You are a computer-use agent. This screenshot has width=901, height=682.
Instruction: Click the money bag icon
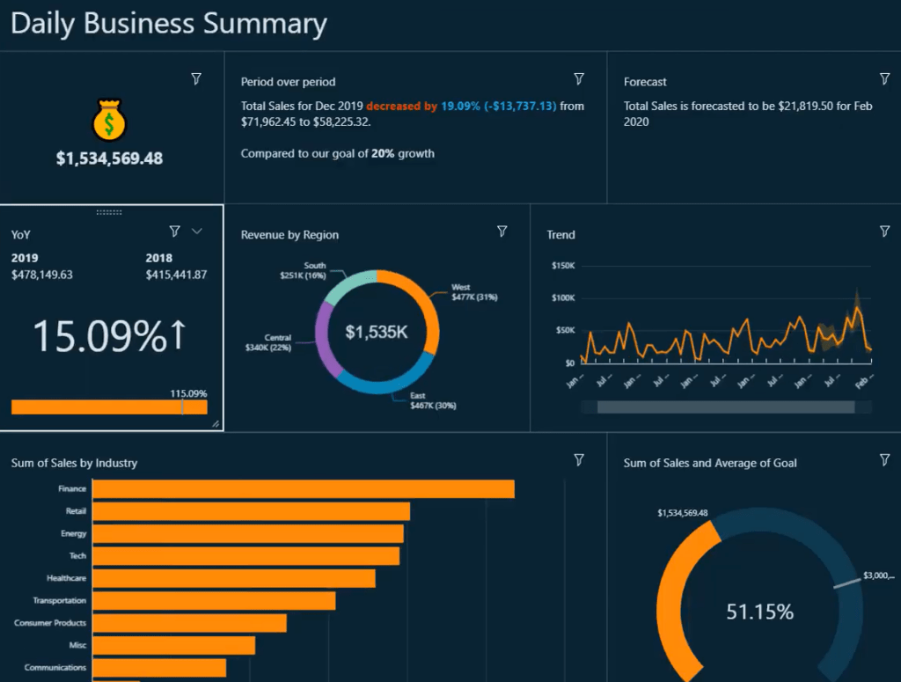109,121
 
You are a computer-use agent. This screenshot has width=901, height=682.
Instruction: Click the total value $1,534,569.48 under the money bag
109,159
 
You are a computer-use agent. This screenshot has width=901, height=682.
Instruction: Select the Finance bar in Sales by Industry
303,489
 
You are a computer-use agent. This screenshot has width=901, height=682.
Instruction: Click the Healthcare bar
233,578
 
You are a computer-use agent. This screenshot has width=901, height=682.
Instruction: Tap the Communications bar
158,668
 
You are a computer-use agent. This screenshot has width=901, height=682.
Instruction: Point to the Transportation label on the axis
60,601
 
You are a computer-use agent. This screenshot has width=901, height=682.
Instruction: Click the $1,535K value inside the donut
377,332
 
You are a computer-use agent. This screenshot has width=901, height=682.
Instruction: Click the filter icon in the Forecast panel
884,79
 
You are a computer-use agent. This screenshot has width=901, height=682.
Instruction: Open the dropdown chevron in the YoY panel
197,231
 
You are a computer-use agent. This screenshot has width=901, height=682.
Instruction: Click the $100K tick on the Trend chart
562,298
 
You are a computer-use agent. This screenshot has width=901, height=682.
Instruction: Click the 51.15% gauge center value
759,612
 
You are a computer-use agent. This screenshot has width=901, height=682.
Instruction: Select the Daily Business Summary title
168,24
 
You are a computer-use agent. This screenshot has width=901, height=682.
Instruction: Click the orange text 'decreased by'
401,106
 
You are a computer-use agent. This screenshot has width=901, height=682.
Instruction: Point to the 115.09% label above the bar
188,393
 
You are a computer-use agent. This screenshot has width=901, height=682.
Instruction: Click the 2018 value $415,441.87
176,275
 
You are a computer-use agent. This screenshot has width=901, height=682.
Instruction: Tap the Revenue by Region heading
289,235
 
